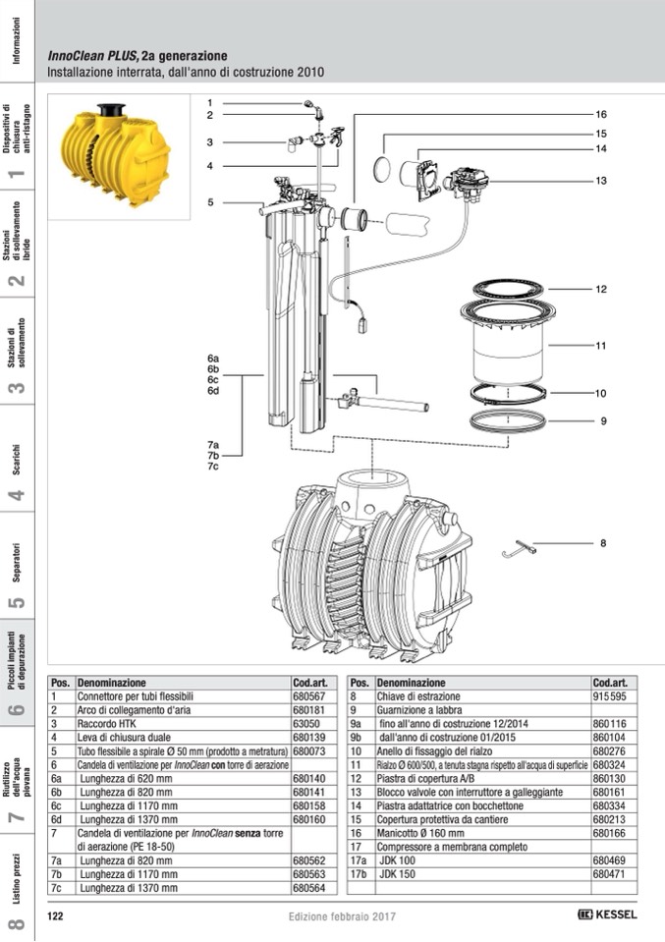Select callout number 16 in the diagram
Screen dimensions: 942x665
point(601,114)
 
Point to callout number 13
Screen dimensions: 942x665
point(601,181)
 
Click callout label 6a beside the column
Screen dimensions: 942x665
point(212,359)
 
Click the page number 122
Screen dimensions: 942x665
point(56,915)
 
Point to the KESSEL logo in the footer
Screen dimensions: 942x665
point(608,914)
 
